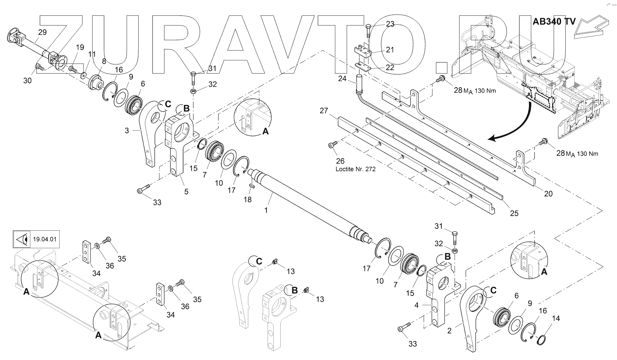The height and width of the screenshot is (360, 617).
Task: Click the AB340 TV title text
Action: [554, 21]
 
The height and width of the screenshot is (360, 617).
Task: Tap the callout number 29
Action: [42, 32]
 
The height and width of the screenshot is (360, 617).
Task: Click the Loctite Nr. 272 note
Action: [356, 169]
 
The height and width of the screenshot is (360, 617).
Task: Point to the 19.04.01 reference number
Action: [45, 239]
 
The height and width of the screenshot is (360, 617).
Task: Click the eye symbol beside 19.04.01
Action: [22, 239]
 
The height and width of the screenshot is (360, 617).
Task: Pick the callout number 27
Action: [324, 112]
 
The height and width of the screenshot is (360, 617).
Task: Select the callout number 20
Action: [548, 194]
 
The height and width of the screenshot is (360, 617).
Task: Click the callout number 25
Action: [514, 213]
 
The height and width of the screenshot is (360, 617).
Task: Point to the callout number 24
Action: [342, 78]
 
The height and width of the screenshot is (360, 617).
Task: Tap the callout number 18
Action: [247, 199]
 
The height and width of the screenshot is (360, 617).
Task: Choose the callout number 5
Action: [186, 191]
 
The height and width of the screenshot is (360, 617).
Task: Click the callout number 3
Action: [127, 131]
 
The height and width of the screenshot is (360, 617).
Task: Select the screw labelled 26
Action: [331, 145]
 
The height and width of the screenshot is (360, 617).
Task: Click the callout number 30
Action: [27, 80]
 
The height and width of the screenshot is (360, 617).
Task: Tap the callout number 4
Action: [417, 305]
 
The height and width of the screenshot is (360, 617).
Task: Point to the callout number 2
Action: [449, 330]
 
